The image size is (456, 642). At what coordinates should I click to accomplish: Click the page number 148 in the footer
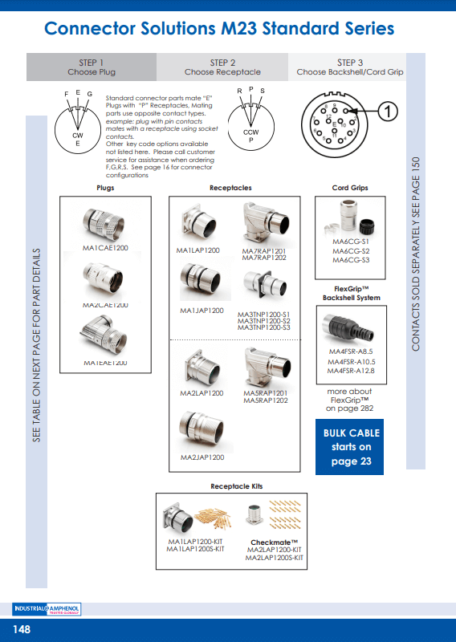tap(21, 629)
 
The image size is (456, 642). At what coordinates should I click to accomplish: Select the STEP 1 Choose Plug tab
tap(92, 67)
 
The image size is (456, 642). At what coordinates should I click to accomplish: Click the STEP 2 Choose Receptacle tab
tap(222, 67)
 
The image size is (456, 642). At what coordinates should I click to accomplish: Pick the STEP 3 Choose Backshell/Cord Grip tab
tap(350, 67)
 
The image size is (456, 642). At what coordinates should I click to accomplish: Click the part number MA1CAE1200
tap(105, 249)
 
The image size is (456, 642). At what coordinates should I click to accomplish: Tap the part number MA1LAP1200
tap(198, 251)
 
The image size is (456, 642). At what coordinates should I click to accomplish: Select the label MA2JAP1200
tap(202, 457)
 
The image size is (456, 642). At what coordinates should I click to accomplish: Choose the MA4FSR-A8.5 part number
tap(351, 351)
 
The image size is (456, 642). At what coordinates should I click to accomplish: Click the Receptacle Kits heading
tap(236, 486)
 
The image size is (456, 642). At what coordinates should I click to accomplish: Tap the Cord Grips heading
tap(350, 188)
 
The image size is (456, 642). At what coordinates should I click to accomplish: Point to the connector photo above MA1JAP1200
tap(202, 284)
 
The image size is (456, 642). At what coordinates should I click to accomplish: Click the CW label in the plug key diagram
tap(78, 136)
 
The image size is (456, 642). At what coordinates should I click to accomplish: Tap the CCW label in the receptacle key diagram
tap(250, 132)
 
